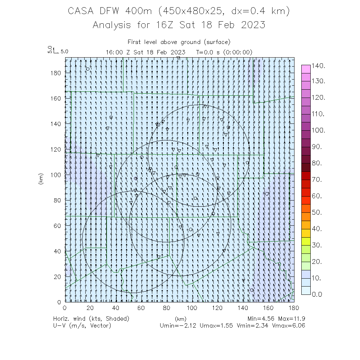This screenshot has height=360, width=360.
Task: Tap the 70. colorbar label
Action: pyautogui.click(x=319, y=179)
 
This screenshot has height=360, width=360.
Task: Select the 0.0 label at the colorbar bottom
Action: pyautogui.click(x=319, y=294)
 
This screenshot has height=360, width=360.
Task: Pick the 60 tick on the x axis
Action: pyautogui.click(x=141, y=308)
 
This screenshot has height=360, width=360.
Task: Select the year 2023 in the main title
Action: pyautogui.click(x=253, y=25)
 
